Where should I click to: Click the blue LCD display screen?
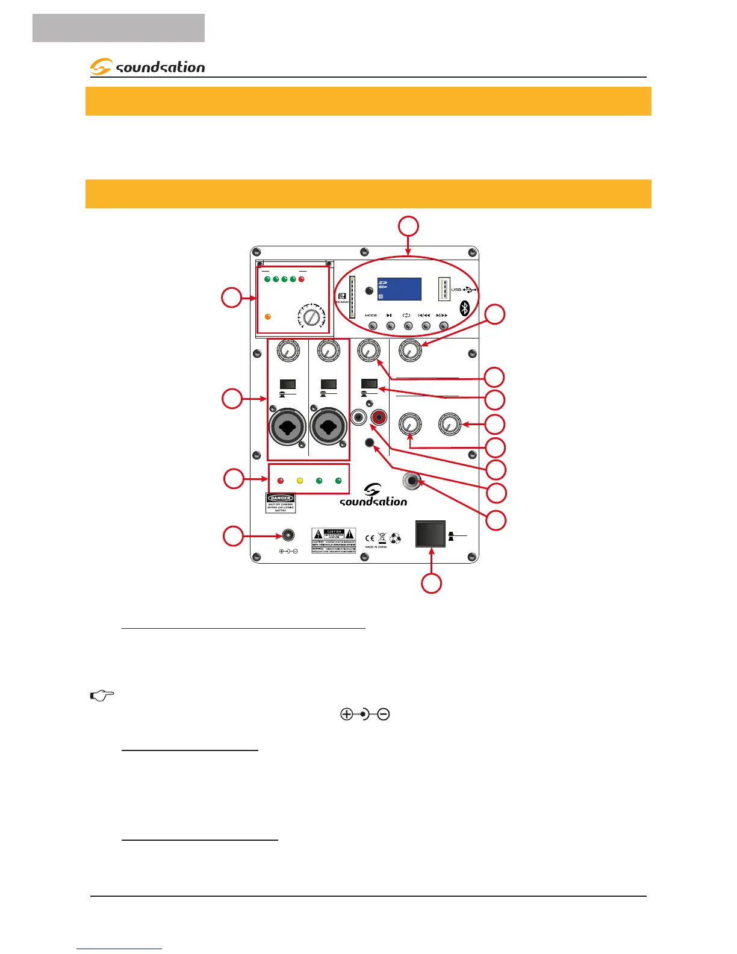[399, 289]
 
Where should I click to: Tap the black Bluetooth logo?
[464, 308]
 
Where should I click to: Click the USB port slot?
[444, 289]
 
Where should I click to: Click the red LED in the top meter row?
[302, 279]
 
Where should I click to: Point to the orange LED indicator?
[268, 317]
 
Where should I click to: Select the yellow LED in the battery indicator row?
[300, 481]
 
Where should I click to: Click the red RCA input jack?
[380, 416]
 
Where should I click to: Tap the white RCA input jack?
[359, 416]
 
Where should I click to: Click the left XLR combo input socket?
[288, 427]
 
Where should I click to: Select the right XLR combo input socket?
[328, 427]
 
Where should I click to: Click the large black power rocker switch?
[431, 534]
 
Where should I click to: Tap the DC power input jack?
[288, 535]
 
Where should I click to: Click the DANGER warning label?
[281, 503]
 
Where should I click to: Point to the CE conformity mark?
[370, 538]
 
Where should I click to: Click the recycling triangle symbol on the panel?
[396, 538]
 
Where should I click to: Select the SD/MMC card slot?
[352, 297]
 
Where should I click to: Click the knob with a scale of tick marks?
[311, 316]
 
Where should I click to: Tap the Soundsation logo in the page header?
[148, 67]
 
